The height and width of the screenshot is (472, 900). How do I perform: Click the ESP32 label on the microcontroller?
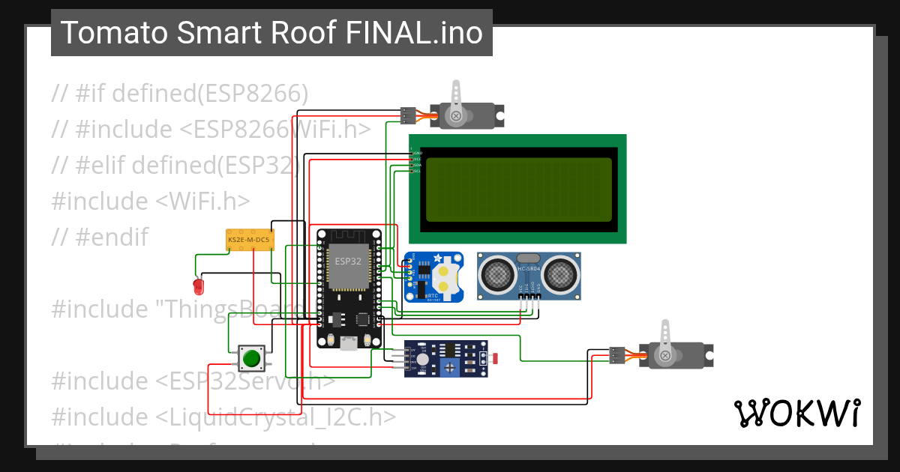[347, 261]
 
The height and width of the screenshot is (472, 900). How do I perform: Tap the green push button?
[251, 358]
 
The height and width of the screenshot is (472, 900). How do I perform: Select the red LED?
[199, 286]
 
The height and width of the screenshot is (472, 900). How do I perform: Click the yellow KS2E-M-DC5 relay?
[250, 240]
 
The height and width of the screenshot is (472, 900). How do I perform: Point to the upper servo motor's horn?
[455, 115]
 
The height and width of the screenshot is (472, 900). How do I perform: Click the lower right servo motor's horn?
[664, 354]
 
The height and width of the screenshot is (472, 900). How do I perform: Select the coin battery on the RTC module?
[448, 277]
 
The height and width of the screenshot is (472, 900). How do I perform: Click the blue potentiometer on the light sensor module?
[451, 365]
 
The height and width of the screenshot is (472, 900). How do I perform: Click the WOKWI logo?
[796, 413]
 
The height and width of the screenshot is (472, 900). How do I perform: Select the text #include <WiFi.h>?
[150, 201]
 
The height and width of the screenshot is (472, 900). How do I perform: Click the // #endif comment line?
[100, 237]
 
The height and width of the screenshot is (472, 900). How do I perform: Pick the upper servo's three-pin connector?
[408, 115]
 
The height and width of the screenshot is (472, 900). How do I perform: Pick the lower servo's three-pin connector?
[617, 355]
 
